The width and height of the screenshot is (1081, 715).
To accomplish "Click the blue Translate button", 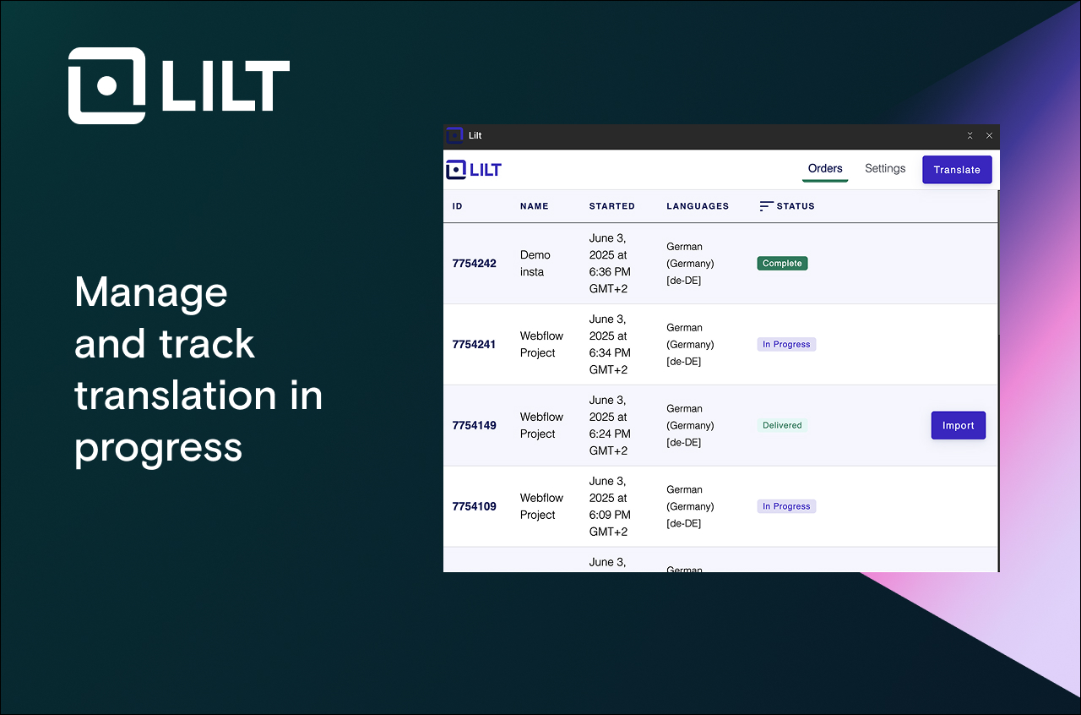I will tap(957, 170).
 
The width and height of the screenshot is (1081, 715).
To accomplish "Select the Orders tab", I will tap(824, 169).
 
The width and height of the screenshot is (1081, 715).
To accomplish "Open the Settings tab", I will tap(884, 169).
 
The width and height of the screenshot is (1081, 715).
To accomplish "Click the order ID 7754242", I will tap(474, 264).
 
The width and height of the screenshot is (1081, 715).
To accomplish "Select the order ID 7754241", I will tap(474, 345).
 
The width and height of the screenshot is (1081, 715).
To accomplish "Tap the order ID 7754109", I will tap(474, 507).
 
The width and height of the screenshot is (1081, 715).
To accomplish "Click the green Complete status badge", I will tap(782, 264).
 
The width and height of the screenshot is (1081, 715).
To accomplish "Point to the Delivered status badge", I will tap(782, 426).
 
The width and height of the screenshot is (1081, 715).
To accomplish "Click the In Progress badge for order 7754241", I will tap(786, 345).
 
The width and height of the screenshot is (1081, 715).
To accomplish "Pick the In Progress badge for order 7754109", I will tap(786, 507).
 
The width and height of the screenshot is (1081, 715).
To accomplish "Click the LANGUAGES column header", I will tap(697, 206).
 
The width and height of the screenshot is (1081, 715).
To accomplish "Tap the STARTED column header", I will tap(611, 206).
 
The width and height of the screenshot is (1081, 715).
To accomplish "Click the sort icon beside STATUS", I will tap(766, 206).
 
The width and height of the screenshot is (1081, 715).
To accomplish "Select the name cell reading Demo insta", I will tap(535, 264).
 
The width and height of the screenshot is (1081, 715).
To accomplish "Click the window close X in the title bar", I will tap(989, 136).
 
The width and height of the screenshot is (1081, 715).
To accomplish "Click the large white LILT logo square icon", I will tap(106, 86).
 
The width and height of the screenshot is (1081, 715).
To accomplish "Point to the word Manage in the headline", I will tap(151, 292).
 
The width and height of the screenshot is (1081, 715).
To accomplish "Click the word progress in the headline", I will tap(158, 447).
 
